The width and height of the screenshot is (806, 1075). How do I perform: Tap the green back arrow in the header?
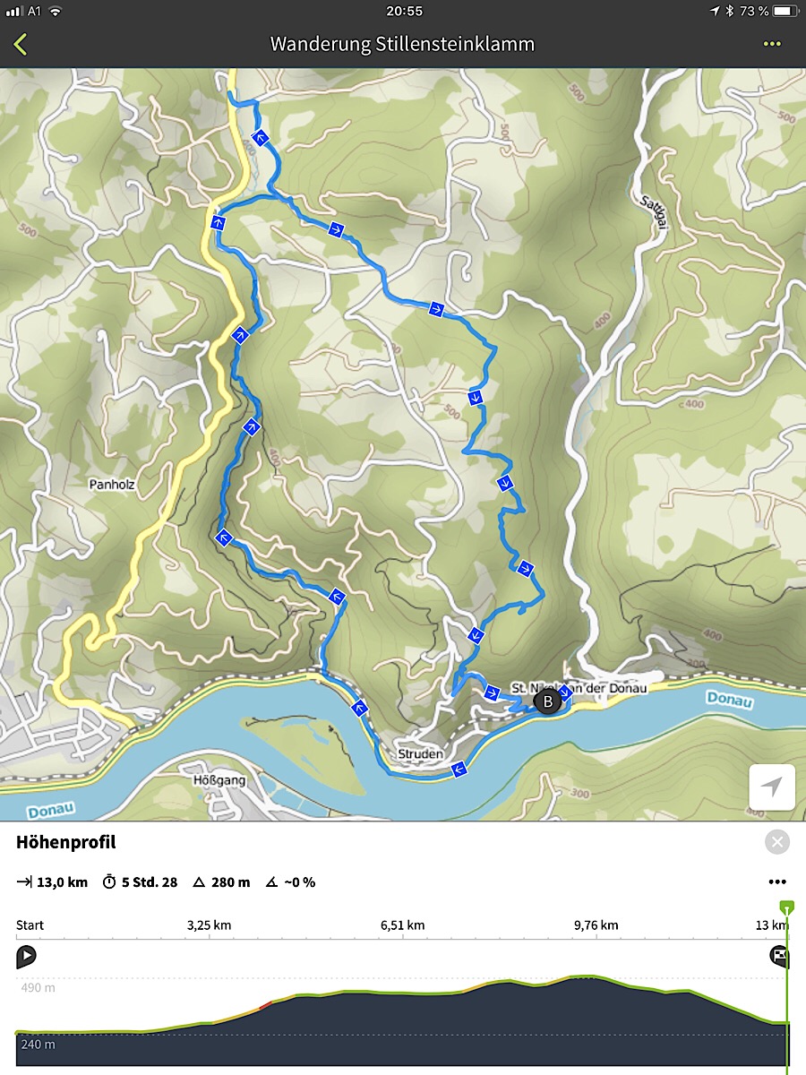[x=21, y=44]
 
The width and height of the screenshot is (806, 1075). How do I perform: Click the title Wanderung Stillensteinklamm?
[x=403, y=44]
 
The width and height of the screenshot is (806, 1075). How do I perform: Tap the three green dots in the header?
[x=772, y=44]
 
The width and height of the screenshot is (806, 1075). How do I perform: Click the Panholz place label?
[x=111, y=485]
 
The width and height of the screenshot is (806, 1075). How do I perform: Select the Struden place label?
[x=420, y=754]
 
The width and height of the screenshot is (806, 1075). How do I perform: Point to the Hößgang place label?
[x=219, y=780]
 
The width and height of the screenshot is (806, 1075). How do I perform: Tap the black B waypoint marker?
[x=547, y=702]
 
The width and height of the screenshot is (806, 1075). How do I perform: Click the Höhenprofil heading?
[x=65, y=842]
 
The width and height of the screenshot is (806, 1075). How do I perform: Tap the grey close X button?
[x=776, y=842]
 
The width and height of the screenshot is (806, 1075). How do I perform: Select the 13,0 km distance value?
[x=62, y=882]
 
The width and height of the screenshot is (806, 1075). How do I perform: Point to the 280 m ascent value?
[x=230, y=882]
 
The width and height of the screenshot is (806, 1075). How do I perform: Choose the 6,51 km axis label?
[x=403, y=925]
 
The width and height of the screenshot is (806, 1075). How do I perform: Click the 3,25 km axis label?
[x=210, y=925]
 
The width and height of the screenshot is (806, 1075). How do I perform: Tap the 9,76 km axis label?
[x=596, y=925]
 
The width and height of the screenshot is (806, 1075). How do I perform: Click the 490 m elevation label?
[x=38, y=988]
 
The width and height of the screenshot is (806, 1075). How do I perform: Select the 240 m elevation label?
[x=38, y=1044]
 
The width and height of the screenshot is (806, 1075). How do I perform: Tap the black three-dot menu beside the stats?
[x=776, y=882]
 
